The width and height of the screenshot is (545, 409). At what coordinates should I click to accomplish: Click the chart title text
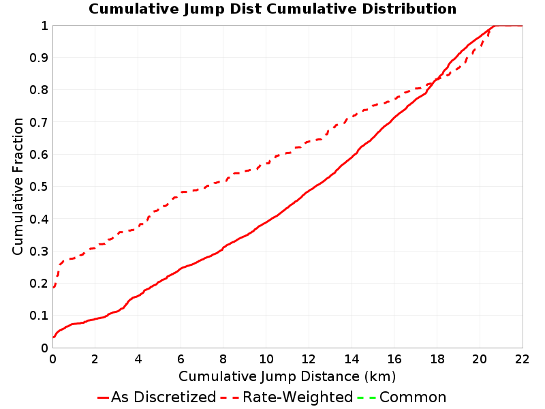(x=272, y=9)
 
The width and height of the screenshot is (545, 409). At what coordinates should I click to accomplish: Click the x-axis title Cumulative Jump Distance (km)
(x=287, y=377)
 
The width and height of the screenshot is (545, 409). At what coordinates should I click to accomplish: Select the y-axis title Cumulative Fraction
(x=18, y=186)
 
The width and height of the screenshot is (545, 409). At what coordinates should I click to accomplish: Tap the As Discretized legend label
(x=163, y=397)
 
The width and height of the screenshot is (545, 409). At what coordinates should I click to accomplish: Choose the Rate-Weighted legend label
(x=298, y=397)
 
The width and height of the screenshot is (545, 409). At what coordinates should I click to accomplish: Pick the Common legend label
(x=413, y=397)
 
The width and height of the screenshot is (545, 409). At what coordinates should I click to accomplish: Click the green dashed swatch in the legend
(x=367, y=397)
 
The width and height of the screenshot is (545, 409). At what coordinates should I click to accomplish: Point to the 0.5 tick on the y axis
(x=39, y=186)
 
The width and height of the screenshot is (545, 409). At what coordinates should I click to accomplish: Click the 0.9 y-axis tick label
(x=39, y=57)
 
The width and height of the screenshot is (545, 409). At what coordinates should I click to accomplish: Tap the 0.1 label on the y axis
(x=39, y=316)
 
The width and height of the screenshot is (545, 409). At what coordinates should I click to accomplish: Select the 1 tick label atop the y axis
(x=44, y=25)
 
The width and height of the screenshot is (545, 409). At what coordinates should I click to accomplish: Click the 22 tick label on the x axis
(x=522, y=359)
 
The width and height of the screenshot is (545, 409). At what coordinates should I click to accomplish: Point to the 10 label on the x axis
(x=266, y=359)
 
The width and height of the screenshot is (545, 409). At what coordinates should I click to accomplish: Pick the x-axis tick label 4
(x=138, y=359)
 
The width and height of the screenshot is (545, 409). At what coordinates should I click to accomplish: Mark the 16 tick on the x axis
(x=394, y=359)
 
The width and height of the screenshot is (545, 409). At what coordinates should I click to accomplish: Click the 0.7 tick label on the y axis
(x=39, y=122)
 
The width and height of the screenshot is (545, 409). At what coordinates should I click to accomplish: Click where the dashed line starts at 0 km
(x=53, y=288)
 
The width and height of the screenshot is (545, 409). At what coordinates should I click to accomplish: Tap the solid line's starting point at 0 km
(x=53, y=337)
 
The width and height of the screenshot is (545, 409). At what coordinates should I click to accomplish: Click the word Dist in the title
(x=245, y=9)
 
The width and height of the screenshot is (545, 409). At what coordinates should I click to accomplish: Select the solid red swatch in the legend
(x=104, y=397)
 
